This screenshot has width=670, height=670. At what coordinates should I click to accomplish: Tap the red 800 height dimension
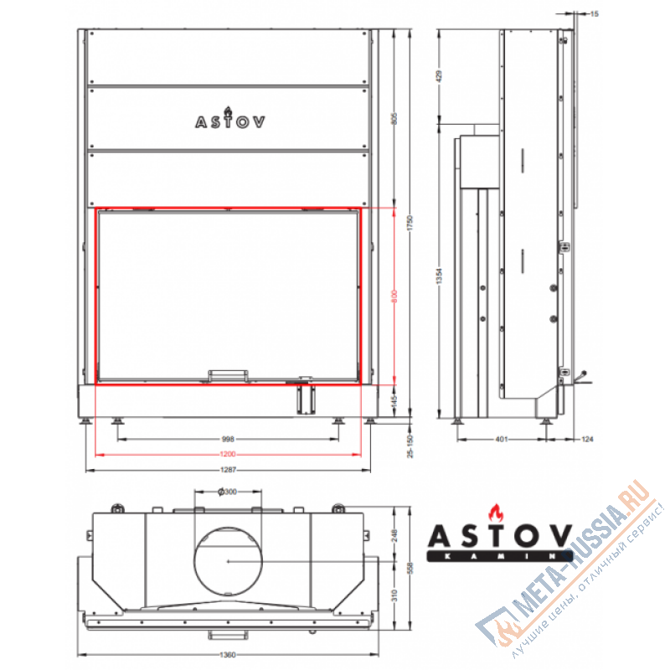click(394, 296)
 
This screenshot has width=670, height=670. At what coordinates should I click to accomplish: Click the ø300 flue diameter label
click(227, 492)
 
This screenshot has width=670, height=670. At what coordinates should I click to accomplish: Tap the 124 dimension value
click(585, 438)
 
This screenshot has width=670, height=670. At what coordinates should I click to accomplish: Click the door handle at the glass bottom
click(228, 375)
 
